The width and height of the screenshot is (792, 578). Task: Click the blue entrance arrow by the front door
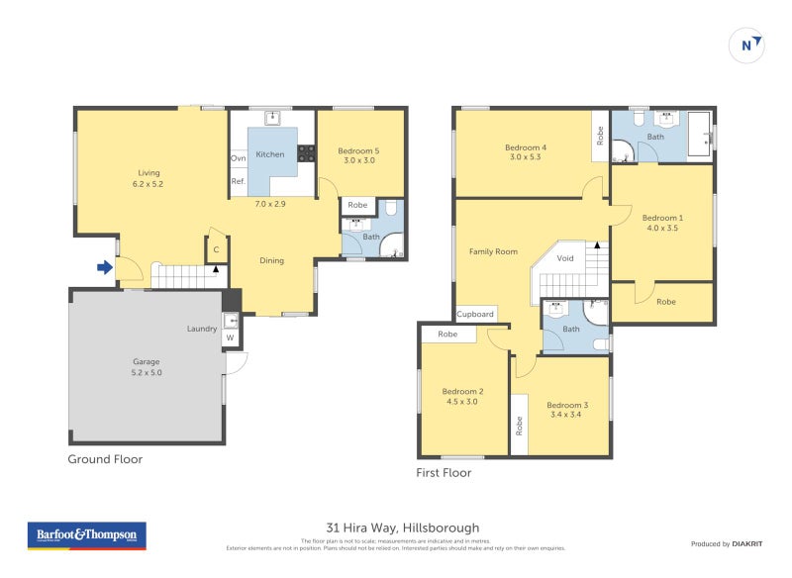pyautogui.click(x=104, y=266)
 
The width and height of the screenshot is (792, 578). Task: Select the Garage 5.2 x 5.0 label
pyautogui.click(x=147, y=367)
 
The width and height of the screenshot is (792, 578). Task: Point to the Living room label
pyautogui.click(x=149, y=177)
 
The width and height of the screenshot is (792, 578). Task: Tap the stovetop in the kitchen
pyautogui.click(x=306, y=153)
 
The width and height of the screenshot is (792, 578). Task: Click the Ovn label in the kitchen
pyautogui.click(x=239, y=158)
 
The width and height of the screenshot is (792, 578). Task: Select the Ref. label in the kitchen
pyautogui.click(x=239, y=181)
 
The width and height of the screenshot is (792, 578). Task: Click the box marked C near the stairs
pyautogui.click(x=216, y=250)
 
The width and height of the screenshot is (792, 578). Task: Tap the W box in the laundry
pyautogui.click(x=230, y=337)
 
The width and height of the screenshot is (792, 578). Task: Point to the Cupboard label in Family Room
pyautogui.click(x=475, y=314)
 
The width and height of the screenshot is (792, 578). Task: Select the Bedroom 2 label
pyautogui.click(x=464, y=396)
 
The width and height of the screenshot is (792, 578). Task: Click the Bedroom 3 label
pyautogui.click(x=567, y=410)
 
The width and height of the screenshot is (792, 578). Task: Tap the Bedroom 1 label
pyautogui.click(x=661, y=223)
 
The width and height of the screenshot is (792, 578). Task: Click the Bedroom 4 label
pyautogui.click(x=528, y=152)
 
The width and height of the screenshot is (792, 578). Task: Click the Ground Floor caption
pyautogui.click(x=105, y=459)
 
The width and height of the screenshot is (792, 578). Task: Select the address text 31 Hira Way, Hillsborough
pyautogui.click(x=402, y=528)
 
